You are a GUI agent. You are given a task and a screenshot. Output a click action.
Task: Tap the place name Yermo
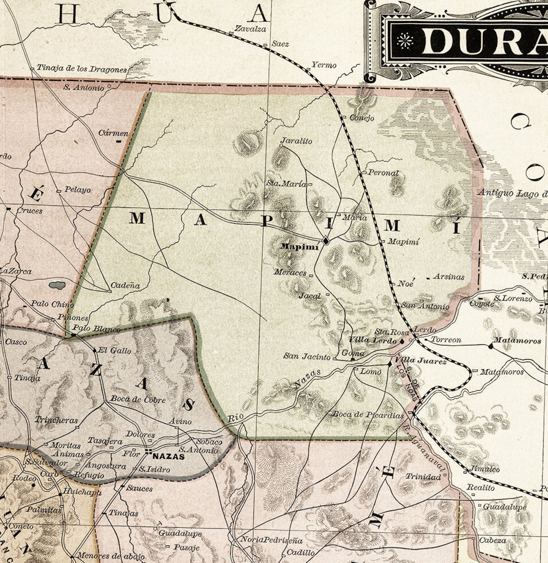(x=324, y=65)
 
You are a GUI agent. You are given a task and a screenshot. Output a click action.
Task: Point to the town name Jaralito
(x=296, y=141)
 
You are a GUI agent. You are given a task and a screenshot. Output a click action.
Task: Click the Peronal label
(x=383, y=173)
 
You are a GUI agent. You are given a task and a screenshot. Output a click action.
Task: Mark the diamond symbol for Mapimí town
(x=326, y=240)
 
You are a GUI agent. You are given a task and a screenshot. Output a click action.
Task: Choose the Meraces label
(x=290, y=272)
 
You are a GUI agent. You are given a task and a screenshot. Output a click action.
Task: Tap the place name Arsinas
(x=448, y=277)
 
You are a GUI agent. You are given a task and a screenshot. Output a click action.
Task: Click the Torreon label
(x=446, y=340)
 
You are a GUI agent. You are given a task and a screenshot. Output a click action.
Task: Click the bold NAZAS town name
(x=169, y=456)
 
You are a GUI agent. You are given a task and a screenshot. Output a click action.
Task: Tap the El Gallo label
(x=114, y=351)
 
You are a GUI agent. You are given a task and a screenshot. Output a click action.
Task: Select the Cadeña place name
(x=125, y=286)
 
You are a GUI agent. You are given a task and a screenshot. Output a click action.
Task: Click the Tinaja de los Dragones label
(x=82, y=69)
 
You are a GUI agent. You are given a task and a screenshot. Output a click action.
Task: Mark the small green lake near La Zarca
(x=57, y=285)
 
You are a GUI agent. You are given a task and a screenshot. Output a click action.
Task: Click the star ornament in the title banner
(x=405, y=41)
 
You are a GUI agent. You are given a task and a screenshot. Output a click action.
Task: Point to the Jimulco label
(x=485, y=469)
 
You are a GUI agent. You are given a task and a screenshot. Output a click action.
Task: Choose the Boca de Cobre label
(x=138, y=400)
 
